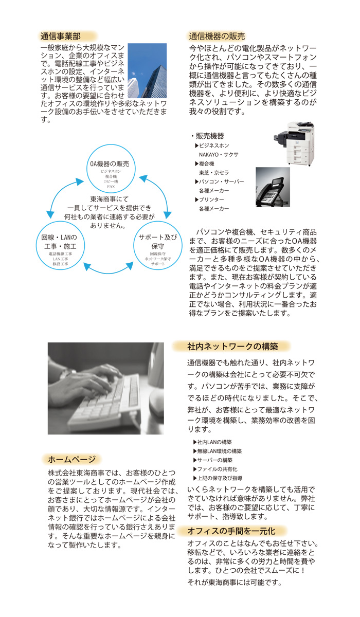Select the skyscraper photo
pyautogui.click(x=147, y=70)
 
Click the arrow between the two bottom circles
pyautogui.click(x=109, y=267)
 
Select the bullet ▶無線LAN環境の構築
pyautogui.click(x=220, y=451)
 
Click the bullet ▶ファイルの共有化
pyautogui.click(x=218, y=469)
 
